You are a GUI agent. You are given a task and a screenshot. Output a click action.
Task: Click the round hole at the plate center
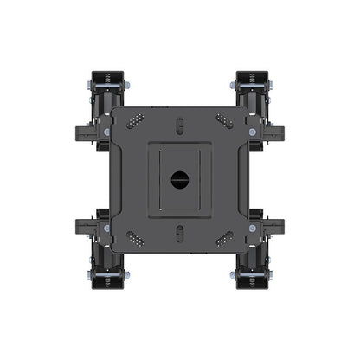tap(180, 180)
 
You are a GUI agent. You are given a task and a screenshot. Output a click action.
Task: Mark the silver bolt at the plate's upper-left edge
tap(107, 132)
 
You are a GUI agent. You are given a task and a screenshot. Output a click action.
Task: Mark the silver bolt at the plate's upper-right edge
tap(253, 132)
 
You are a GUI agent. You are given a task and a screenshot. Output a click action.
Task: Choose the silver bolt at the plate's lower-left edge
tap(107, 228)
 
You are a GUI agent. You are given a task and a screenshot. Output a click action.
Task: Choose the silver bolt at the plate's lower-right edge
tap(253, 228)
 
